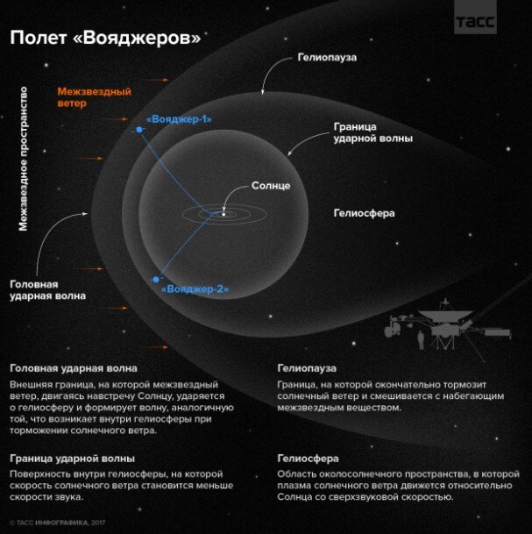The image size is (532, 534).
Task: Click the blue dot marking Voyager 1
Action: click(x=138, y=131)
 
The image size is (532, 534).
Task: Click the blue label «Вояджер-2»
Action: click(x=195, y=288)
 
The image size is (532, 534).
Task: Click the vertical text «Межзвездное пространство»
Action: click(x=24, y=158)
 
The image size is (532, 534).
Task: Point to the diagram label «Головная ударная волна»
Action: click(x=48, y=290)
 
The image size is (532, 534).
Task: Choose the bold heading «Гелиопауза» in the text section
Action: click(x=308, y=368)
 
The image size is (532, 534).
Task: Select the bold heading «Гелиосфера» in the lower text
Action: click(x=308, y=459)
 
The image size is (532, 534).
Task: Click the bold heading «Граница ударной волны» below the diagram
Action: click(x=72, y=459)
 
